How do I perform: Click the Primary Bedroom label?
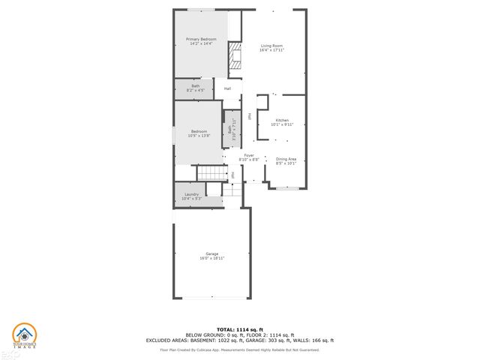point(201,39)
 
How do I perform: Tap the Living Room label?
point(271,46)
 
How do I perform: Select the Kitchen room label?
point(282,120)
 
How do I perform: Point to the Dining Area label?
point(286,158)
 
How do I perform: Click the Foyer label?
point(249,155)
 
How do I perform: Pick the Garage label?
point(212,254)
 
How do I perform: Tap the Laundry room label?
point(192,193)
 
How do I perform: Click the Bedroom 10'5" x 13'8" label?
point(199,133)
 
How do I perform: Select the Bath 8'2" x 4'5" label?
point(196,86)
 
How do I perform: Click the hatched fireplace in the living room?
point(235,56)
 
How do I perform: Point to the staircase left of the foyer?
point(211,173)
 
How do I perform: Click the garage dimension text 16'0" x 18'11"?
point(212,259)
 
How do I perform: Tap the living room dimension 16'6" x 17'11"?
point(271,51)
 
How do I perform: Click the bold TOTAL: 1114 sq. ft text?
point(240,329)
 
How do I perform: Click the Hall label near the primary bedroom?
point(227,88)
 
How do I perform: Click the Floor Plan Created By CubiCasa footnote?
point(240,349)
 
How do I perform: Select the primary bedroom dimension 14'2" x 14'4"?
point(201,43)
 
